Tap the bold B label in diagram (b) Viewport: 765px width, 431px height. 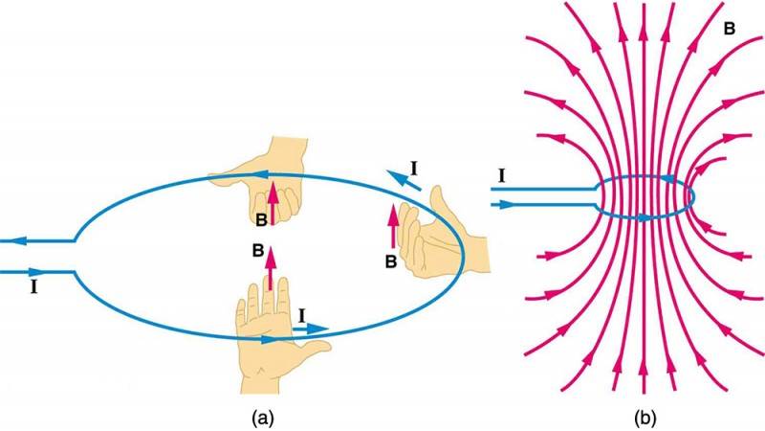click(x=730, y=30)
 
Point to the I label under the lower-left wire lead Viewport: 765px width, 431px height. click(x=35, y=285)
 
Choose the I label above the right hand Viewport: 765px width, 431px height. click(x=413, y=169)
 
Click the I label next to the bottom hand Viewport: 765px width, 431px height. click(x=302, y=313)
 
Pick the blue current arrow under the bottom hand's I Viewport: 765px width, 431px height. click(x=312, y=329)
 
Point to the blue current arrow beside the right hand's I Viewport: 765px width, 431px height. click(x=394, y=178)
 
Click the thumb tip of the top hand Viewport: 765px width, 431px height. click(x=212, y=178)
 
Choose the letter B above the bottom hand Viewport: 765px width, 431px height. click(x=256, y=252)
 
